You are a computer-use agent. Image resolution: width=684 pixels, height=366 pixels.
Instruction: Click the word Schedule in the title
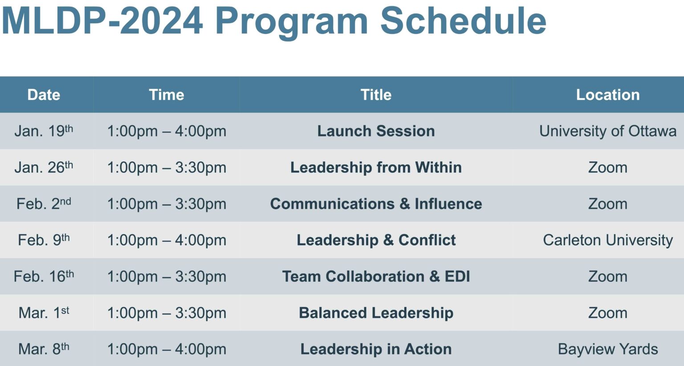[x=463, y=21]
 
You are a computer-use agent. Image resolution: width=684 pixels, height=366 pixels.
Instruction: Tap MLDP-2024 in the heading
[x=102, y=21]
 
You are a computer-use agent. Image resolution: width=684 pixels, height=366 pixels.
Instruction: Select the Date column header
[x=44, y=95]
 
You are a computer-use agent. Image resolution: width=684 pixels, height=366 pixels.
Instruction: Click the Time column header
[x=167, y=95]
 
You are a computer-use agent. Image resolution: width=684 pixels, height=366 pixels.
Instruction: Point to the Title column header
[x=376, y=95]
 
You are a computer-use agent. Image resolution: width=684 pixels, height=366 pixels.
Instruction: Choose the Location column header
[x=607, y=95]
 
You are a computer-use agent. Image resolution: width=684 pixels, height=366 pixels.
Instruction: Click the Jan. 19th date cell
[x=44, y=131]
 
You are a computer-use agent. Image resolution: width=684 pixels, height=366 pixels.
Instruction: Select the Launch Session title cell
[x=376, y=131]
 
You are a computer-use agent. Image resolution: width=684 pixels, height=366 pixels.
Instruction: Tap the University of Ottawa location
[x=607, y=131]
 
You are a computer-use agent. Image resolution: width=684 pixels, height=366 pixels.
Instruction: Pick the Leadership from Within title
[x=376, y=168]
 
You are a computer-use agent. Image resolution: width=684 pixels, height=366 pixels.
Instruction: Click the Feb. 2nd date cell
[x=44, y=204]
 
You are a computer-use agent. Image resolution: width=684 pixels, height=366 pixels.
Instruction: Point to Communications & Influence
[x=376, y=204]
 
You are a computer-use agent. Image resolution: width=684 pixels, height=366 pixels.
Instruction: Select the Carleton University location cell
[x=607, y=240]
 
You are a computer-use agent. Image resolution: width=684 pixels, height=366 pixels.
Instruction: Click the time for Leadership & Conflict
[x=167, y=240]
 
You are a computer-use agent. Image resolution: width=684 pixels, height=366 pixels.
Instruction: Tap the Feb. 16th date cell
[x=44, y=276]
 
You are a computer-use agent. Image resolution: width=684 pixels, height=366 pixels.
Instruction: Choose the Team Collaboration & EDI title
[x=376, y=276]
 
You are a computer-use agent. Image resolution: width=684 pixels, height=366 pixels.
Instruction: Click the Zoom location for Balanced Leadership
[x=607, y=313]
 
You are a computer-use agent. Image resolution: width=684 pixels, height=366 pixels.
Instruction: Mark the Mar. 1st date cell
[x=44, y=313]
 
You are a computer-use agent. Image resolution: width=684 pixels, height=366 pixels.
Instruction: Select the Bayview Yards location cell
[x=607, y=349]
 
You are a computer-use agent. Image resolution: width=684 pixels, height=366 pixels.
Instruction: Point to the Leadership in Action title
[x=376, y=349]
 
